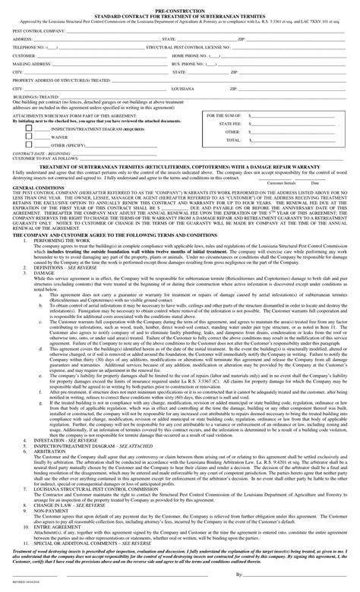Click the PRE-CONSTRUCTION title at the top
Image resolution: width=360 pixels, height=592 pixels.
(x=180, y=4)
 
